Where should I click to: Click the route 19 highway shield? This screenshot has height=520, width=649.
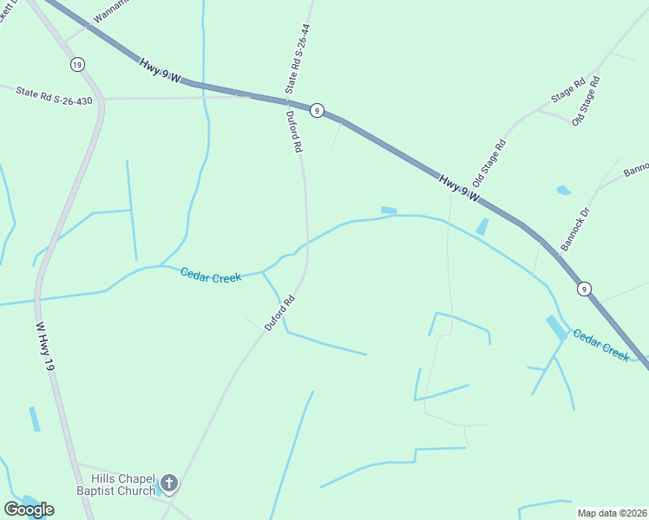pos(78,65)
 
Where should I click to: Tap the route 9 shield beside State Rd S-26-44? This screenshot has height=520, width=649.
pos(318,110)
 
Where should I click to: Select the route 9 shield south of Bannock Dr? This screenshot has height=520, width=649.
pos(585,289)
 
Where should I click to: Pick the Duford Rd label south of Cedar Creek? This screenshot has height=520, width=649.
pos(281,312)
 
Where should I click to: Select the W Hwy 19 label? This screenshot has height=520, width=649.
pos(45,348)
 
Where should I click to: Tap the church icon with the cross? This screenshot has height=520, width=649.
pos(169,482)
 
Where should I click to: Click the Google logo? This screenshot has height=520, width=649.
pos(29,510)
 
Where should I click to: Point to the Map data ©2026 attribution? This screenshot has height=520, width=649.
pos(612,513)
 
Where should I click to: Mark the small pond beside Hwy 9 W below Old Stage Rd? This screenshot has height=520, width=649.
pos(482,226)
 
